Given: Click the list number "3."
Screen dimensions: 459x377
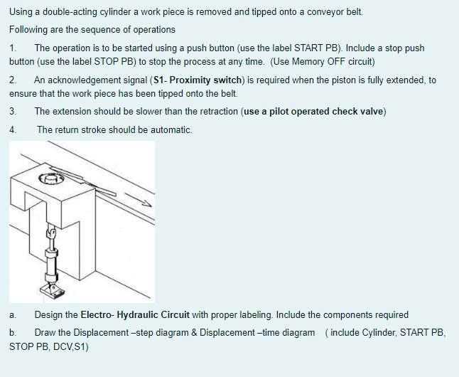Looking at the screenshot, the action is (13, 112).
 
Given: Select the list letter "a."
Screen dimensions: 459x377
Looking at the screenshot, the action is (13, 315).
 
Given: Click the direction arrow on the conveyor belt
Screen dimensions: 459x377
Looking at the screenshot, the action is (138, 200).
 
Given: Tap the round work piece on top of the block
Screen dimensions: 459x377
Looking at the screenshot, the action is (50, 179).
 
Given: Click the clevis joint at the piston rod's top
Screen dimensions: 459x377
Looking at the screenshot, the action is (51, 233).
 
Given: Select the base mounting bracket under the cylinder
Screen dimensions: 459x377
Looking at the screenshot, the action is (53, 290).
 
